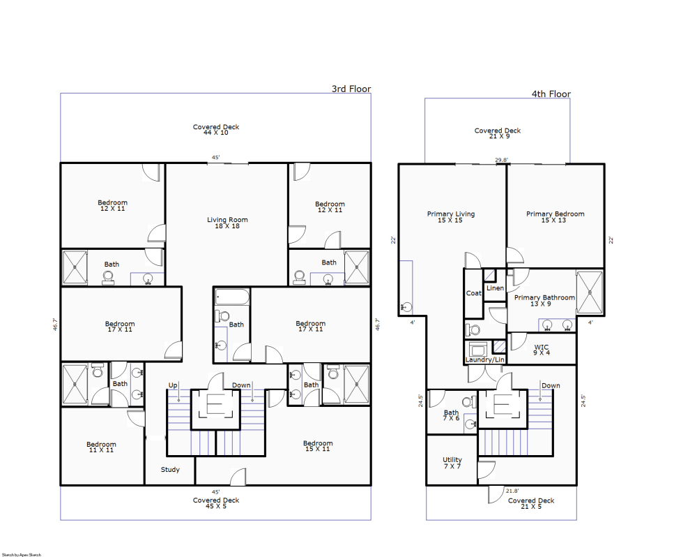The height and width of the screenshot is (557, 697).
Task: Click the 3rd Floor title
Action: [x=351, y=89]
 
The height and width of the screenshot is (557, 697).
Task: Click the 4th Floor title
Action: [x=551, y=94]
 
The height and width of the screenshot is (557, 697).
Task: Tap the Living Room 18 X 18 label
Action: [x=227, y=223]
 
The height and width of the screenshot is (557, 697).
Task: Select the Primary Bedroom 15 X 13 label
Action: [x=555, y=218]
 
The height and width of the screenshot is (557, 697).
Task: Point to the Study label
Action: [x=171, y=470]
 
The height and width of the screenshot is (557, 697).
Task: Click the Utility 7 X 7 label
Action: [x=452, y=463]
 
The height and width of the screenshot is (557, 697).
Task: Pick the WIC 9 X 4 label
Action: [x=542, y=350]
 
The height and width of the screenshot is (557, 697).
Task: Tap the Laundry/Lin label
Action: [x=485, y=359]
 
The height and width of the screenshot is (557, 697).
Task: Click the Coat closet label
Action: [x=474, y=293]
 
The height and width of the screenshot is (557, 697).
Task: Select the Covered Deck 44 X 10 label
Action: [x=216, y=129]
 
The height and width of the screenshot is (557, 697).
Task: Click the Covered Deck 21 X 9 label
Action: [x=498, y=133]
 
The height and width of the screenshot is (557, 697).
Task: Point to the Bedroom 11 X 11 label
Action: [x=101, y=447]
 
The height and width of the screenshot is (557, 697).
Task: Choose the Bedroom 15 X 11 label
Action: [x=318, y=446]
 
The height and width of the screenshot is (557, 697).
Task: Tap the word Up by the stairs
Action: [x=172, y=385]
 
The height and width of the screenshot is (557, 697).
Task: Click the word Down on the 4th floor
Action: [x=551, y=385]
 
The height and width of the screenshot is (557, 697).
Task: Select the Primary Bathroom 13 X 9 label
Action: [x=544, y=301]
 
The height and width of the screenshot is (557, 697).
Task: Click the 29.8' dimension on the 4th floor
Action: [x=502, y=160]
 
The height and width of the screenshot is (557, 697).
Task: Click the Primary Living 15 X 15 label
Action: [x=450, y=218]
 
